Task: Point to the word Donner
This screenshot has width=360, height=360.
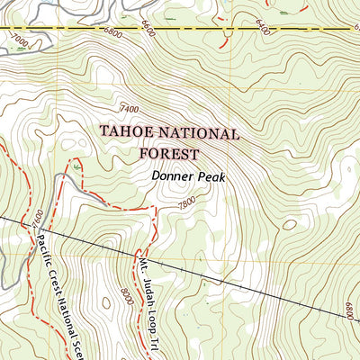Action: [x=171, y=177]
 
